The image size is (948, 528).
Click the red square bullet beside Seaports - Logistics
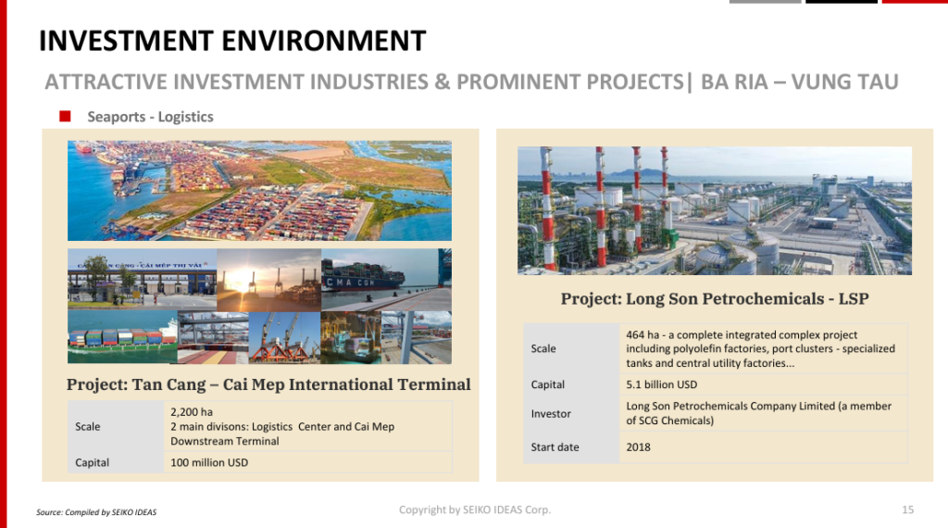(66, 116)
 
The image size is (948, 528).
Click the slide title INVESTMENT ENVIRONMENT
(232, 41)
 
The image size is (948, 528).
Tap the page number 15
(907, 509)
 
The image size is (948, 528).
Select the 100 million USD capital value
(209, 462)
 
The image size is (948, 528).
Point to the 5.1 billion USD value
(661, 384)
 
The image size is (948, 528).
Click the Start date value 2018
(639, 447)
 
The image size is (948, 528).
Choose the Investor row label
(551, 414)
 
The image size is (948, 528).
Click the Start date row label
(555, 447)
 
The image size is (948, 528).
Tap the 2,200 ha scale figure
(192, 412)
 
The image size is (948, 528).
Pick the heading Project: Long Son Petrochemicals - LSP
(715, 299)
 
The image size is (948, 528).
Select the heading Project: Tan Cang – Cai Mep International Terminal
(268, 384)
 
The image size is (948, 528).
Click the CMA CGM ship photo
(386, 280)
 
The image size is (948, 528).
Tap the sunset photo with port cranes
(269, 280)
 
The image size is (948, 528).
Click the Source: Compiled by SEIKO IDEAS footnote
(96, 512)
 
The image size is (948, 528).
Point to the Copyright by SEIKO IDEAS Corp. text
(475, 509)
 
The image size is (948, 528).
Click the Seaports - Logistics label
(151, 117)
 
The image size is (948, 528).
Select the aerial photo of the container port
(259, 191)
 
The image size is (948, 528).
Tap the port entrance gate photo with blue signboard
(142, 280)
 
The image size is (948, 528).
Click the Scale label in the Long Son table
(543, 349)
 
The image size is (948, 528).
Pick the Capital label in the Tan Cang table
(92, 462)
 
